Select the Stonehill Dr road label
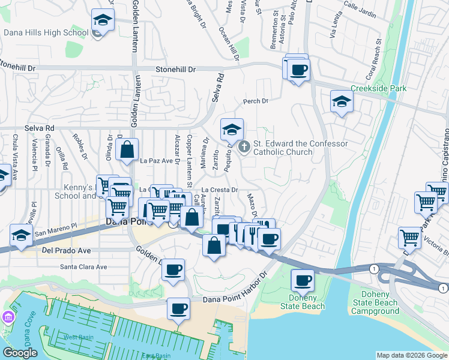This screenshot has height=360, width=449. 176,70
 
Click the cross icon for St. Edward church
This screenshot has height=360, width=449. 244,146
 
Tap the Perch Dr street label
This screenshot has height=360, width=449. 255,101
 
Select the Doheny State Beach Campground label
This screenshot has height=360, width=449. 375,303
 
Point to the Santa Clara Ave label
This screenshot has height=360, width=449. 83,267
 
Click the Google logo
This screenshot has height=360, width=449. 19,353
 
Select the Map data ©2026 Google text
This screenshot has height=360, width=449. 411,355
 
